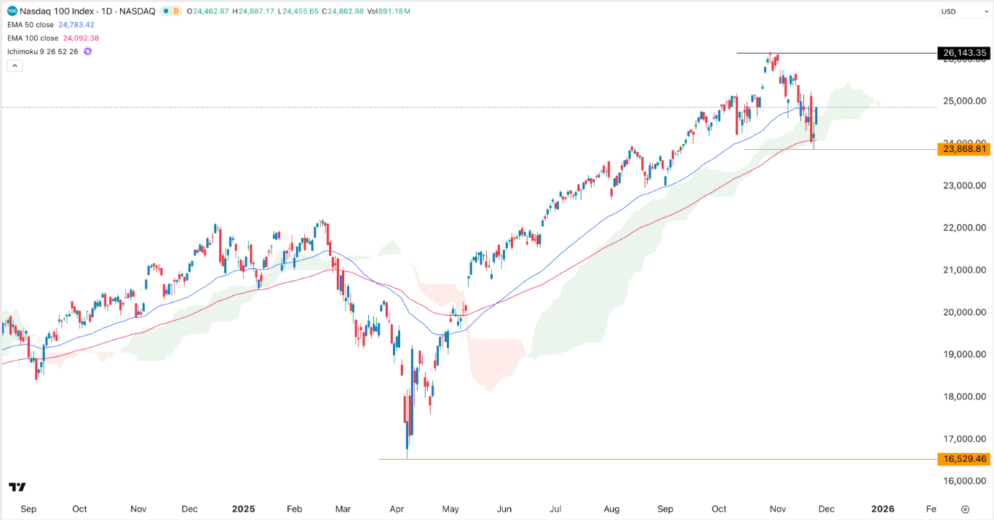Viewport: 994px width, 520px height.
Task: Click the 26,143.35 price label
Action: coord(964,53)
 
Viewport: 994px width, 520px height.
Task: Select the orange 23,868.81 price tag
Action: coord(964,149)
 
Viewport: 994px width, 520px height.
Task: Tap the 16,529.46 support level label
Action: coord(964,459)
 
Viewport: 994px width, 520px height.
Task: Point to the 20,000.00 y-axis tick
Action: coord(963,313)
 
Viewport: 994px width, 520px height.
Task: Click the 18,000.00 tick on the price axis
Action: coord(963,397)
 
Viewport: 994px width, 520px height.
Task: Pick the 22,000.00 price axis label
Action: coord(963,228)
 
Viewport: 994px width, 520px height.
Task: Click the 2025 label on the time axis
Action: coord(243,509)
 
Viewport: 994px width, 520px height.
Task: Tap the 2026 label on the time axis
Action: coord(883,509)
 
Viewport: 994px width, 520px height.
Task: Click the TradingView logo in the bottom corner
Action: coord(17,487)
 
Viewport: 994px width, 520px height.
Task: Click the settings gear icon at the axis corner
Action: coord(965,509)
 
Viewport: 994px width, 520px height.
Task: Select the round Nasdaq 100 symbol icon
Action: coord(12,12)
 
